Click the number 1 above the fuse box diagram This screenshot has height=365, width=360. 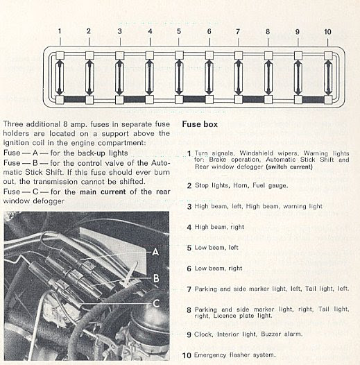pyautogui.click(x=60, y=31)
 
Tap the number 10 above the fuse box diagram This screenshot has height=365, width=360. pyautogui.click(x=327, y=32)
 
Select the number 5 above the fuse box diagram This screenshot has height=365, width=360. pyautogui.click(x=179, y=31)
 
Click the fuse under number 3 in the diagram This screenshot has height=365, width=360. pyautogui.click(x=119, y=77)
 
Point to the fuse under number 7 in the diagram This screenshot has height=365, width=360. pyautogui.click(x=239, y=77)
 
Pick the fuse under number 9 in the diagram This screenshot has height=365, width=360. pyautogui.click(x=298, y=77)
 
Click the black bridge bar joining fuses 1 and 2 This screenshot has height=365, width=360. pyautogui.click(x=75, y=99)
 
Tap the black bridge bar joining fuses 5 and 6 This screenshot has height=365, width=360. pyautogui.click(x=194, y=99)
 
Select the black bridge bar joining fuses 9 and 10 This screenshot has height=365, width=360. pyautogui.click(x=314, y=100)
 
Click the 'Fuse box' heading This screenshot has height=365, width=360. pyautogui.click(x=200, y=124)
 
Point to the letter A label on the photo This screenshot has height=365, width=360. pyautogui.click(x=155, y=252)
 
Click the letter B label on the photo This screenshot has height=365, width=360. pyautogui.click(x=156, y=278)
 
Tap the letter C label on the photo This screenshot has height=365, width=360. pyautogui.click(x=156, y=303)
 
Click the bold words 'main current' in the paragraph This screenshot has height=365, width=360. pyautogui.click(x=103, y=192)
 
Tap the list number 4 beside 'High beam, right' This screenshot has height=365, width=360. pyautogui.click(x=189, y=227)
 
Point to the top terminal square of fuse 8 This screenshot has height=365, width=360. pyautogui.click(x=268, y=56)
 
